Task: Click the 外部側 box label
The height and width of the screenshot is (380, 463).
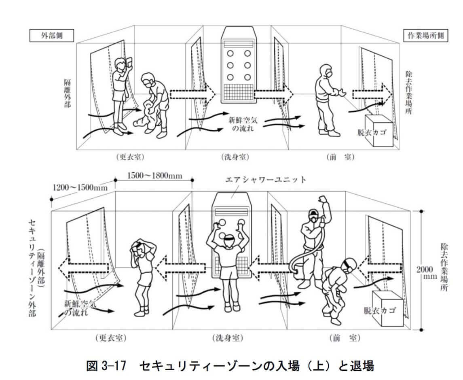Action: pos(51,36)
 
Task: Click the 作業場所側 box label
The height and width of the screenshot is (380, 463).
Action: pos(426,36)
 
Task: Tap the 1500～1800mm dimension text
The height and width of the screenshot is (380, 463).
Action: pos(154,176)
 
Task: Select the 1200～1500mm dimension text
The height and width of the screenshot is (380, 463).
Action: pos(80,187)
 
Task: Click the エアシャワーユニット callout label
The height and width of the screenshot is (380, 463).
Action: pos(265,179)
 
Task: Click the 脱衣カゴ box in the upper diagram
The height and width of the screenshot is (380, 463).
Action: pos(379,130)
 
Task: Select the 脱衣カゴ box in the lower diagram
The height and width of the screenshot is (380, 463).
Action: pos(387,309)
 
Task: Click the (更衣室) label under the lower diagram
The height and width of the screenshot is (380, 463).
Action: pos(111,338)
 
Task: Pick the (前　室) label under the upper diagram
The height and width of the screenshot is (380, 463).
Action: pos(340,157)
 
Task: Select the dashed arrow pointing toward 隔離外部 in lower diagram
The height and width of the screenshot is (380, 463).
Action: pos(83,265)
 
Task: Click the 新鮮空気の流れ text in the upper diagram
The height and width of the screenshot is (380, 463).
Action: pos(243,124)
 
